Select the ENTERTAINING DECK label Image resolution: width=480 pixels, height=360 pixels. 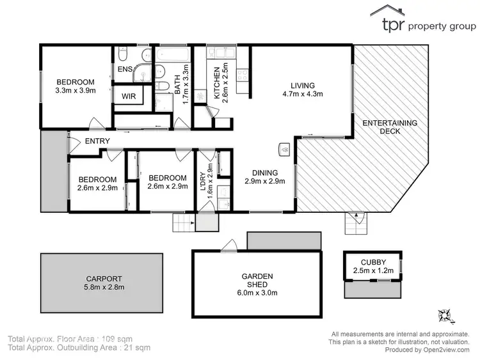pyautogui.click(x=390, y=127)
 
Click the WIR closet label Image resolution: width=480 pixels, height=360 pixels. pyautogui.click(x=128, y=96)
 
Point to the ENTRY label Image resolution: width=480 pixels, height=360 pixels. pyautogui.click(x=97, y=141)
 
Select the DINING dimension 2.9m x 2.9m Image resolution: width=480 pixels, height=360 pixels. pyautogui.click(x=264, y=181)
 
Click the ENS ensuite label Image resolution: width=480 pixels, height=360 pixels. pyautogui.click(x=124, y=70)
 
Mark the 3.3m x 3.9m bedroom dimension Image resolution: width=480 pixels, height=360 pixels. pyautogui.click(x=76, y=91)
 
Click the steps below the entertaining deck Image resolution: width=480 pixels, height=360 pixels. pyautogui.click(x=354, y=223)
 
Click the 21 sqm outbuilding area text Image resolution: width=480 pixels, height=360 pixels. pyautogui.click(x=137, y=348)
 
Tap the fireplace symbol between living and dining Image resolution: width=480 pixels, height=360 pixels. pyautogui.click(x=284, y=150)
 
